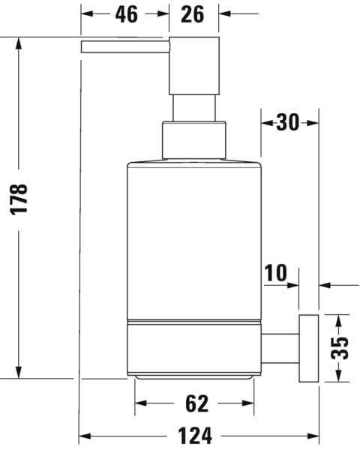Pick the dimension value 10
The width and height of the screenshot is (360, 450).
click(275, 272)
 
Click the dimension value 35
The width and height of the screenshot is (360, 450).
click(341, 346)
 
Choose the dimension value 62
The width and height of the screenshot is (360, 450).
click(195, 403)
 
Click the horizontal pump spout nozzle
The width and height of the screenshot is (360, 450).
click(124, 46)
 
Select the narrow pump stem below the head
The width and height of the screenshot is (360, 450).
click(194, 108)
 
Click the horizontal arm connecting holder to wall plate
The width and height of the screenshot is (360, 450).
click(281, 346)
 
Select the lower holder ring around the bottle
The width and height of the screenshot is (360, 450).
click(193, 349)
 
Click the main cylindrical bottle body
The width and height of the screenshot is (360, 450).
click(193, 240)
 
